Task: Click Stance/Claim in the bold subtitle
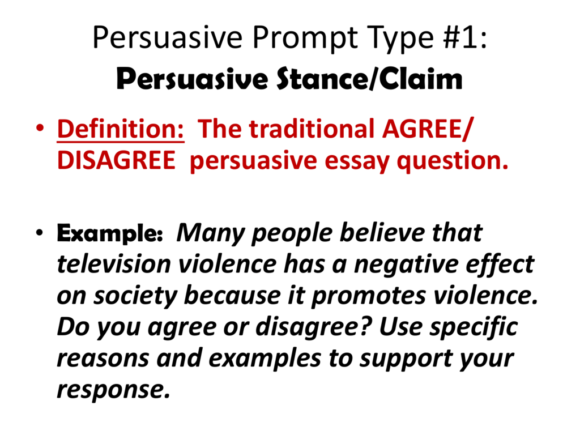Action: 369,79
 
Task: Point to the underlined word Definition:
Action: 121,130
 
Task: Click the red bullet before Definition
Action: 40,129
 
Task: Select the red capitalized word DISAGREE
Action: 116,160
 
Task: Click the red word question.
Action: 453,161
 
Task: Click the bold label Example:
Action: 109,233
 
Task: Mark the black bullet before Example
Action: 40,233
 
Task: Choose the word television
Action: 114,264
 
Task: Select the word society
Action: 135,297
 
